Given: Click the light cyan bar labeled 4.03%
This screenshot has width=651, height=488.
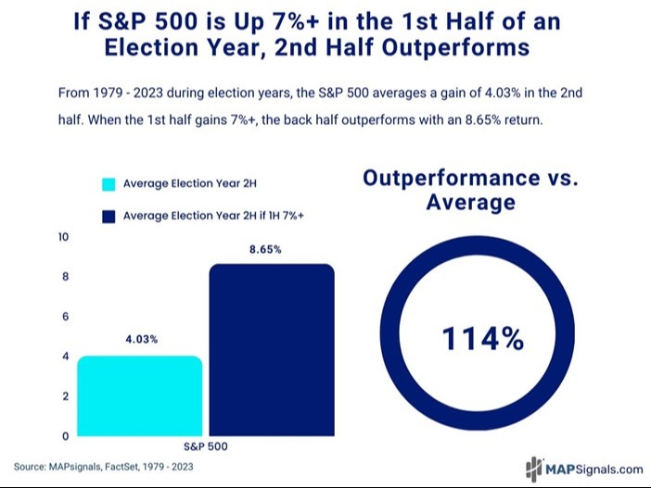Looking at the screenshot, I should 141,395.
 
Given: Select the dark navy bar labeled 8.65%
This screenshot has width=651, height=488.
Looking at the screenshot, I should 272,349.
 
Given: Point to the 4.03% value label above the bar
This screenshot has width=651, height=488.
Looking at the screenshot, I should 141,339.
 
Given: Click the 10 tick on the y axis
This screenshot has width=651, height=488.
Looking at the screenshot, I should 63,237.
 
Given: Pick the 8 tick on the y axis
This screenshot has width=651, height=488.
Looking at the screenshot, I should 65,277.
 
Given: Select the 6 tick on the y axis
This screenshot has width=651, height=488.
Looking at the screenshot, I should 65,317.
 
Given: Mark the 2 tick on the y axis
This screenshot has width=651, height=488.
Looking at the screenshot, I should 65,396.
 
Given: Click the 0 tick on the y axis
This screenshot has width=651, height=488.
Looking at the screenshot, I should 65,436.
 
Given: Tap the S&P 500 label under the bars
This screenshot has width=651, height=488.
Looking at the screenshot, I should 207,446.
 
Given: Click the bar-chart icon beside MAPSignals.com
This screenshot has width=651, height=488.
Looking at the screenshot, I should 534,468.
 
